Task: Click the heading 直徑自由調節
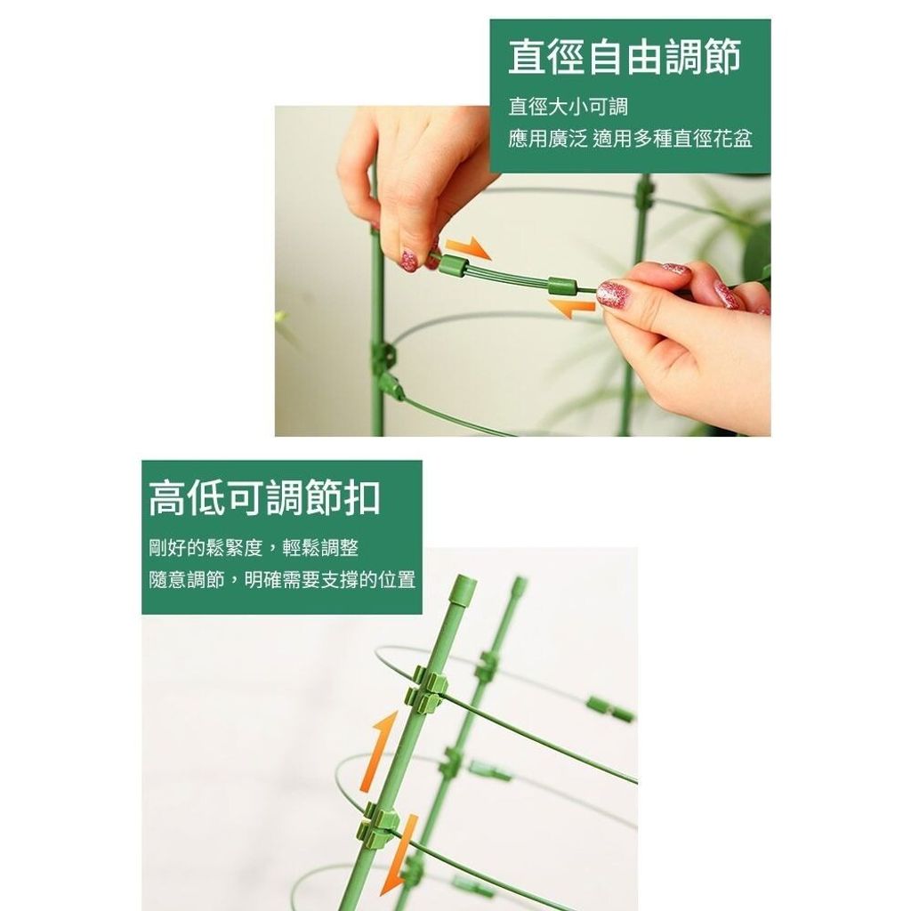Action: tap(625, 57)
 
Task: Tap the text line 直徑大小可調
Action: tap(568, 107)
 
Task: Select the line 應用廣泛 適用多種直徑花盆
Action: tap(631, 139)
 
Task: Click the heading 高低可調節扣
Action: tap(264, 498)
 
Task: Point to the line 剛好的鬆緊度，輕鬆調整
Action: tap(254, 548)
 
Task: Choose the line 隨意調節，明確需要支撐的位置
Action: tap(282, 580)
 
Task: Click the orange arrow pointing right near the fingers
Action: tap(468, 247)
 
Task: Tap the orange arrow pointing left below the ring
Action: tap(572, 309)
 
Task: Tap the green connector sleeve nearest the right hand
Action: tap(562, 286)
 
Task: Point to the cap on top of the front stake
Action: tap(464, 587)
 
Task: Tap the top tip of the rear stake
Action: tap(520, 580)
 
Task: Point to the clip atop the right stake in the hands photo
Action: tap(644, 192)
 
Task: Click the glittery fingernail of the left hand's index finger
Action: tap(409, 261)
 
